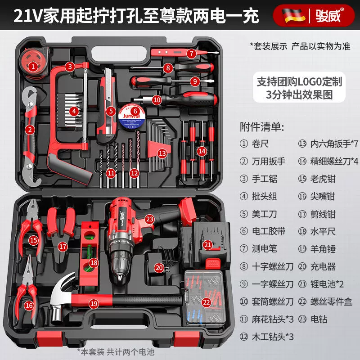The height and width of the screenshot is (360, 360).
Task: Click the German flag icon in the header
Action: pyautogui.click(x=293, y=15)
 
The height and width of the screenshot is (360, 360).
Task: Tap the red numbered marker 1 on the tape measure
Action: pyautogui.click(x=33, y=67)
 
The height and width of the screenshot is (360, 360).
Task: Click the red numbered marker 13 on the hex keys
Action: pyautogui.click(x=162, y=153)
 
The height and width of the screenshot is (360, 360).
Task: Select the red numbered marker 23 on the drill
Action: pyautogui.click(x=150, y=219)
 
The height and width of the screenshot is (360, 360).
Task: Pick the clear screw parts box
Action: pyautogui.click(x=204, y=298)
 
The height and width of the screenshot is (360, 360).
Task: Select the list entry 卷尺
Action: pyautogui.click(x=260, y=144)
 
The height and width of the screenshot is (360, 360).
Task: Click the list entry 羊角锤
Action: pyautogui.click(x=323, y=249)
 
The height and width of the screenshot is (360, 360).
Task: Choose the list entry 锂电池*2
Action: pyautogui.click(x=327, y=284)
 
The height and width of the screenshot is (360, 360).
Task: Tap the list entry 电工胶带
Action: pyautogui.click(x=269, y=231)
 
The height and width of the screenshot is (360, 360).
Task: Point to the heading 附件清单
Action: pyautogui.click(x=262, y=127)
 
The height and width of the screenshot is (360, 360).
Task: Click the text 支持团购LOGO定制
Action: pyautogui.click(x=299, y=81)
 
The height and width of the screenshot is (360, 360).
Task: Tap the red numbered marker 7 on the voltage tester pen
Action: pyautogui.click(x=191, y=54)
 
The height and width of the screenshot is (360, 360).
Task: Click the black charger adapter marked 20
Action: pyautogui.click(x=159, y=264)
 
